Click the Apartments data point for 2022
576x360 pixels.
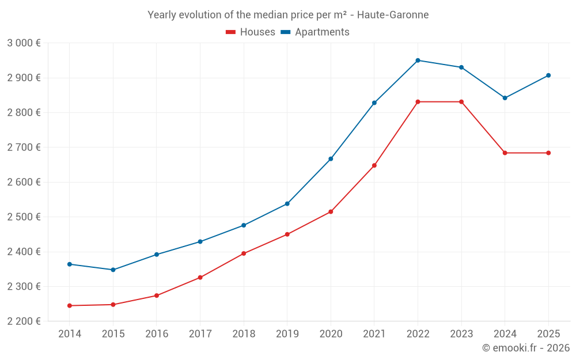point(418,60)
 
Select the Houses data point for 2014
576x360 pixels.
point(70,306)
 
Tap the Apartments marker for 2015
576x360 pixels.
point(113,270)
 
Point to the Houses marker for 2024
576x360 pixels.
point(505,153)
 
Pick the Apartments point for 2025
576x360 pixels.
point(548,75)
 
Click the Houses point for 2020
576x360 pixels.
point(331,212)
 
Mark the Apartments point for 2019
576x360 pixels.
point(287,204)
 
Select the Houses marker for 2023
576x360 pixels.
point(461,102)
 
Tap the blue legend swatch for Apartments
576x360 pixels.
point(285,32)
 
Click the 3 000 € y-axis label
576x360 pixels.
point(24,43)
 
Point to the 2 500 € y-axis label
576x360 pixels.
point(24,217)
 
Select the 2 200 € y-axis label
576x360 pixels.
point(24,321)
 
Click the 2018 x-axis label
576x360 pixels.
point(244,334)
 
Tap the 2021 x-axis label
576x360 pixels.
point(374,334)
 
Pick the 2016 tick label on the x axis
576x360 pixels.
point(157,334)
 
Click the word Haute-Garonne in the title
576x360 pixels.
point(399,15)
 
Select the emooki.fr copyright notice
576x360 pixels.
point(525,348)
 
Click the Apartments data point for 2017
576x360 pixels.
point(200,242)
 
